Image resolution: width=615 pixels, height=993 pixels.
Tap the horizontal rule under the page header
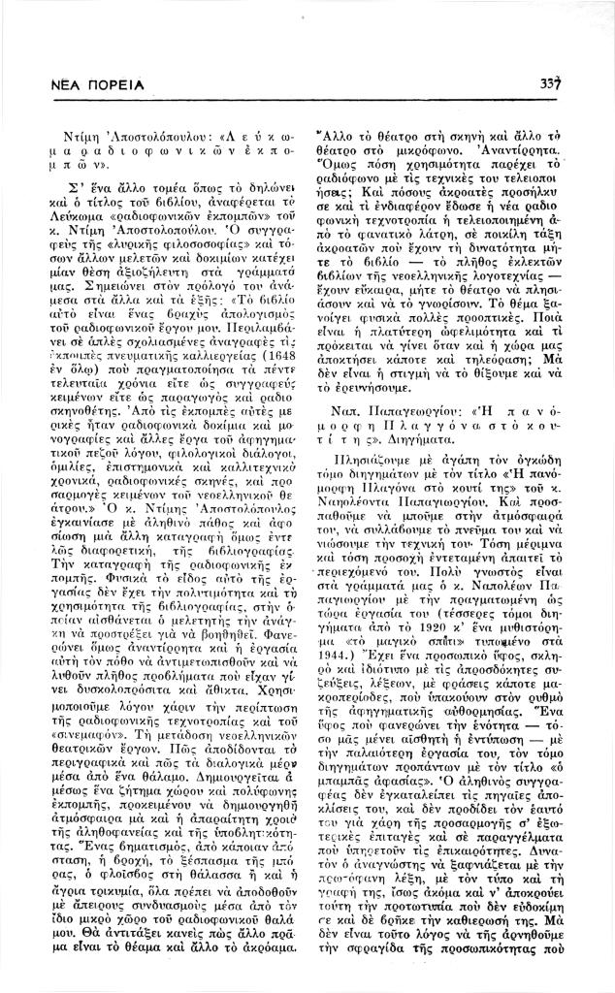(x=307, y=101)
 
